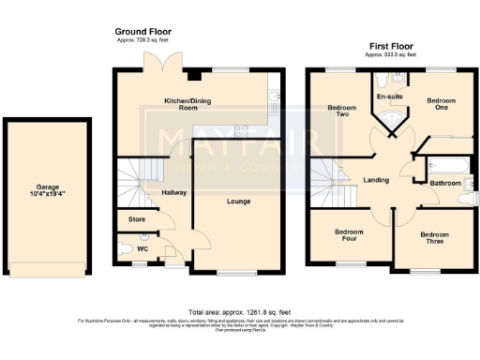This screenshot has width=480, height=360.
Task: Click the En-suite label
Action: point(389,97)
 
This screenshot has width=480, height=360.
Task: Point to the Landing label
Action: point(376,180)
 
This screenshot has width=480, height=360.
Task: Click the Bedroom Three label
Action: point(434,238)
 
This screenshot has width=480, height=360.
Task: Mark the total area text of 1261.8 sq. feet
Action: point(240,311)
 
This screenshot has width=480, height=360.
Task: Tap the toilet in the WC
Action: point(128,249)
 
